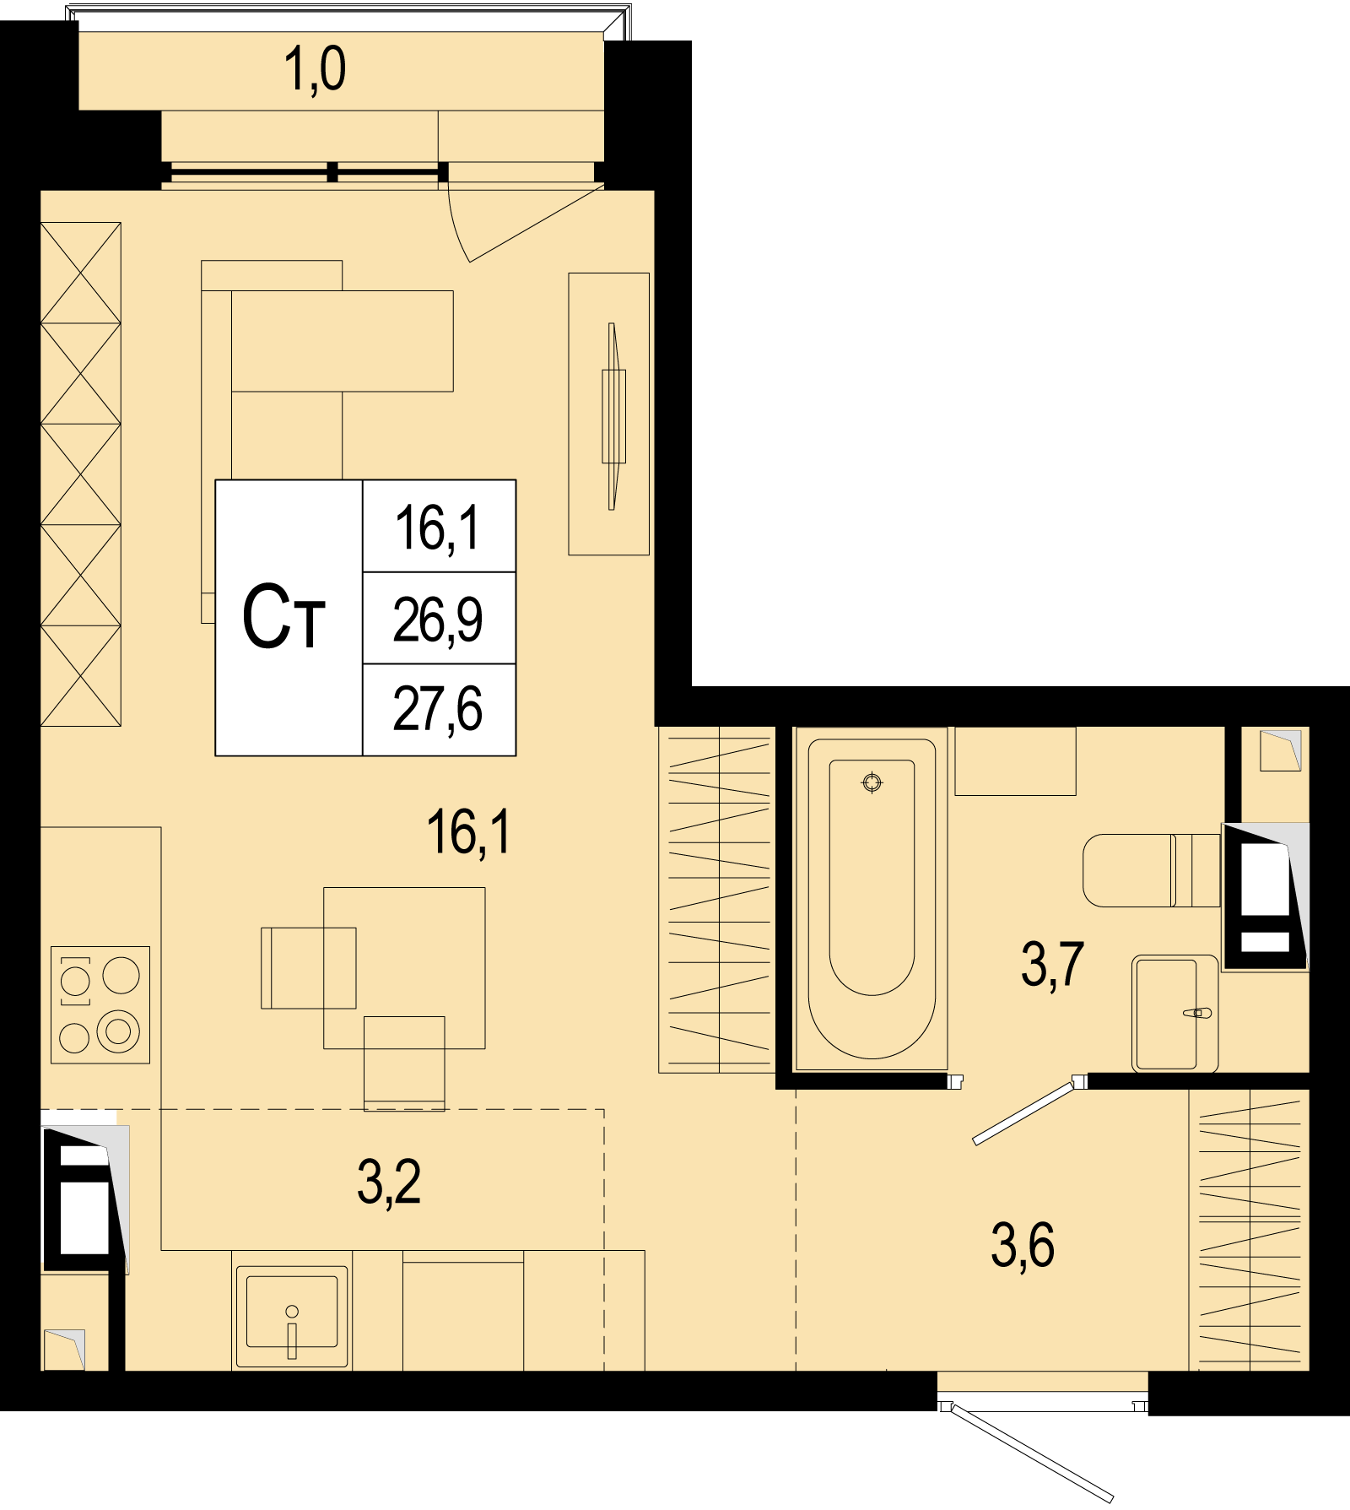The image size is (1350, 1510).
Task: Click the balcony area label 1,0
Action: click(x=316, y=69)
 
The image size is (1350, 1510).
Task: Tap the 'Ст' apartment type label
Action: click(x=283, y=618)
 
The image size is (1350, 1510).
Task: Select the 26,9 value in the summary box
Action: click(x=438, y=620)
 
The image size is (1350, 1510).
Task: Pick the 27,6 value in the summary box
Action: click(x=438, y=709)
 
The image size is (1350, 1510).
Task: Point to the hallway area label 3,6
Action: click(x=1023, y=1245)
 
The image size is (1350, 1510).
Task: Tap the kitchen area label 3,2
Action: click(x=389, y=1182)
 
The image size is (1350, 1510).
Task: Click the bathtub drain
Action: click(x=872, y=783)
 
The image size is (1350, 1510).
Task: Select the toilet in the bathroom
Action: click(x=1152, y=870)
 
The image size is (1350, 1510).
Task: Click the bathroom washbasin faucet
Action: click(x=1198, y=1013)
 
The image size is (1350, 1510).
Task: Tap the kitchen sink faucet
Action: click(x=292, y=1332)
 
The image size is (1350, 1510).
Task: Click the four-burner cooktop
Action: click(x=100, y=1004)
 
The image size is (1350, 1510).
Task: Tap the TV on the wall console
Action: click(x=613, y=416)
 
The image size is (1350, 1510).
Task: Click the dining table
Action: click(x=404, y=968)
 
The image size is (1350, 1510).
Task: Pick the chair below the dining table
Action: click(x=404, y=1063)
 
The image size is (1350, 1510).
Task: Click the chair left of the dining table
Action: click(x=308, y=968)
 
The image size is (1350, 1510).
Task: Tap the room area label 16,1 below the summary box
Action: click(x=469, y=832)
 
